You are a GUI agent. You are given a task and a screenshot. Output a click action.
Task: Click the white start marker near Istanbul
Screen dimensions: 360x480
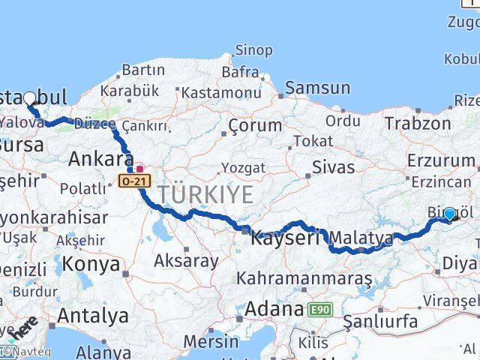click(x=29, y=97)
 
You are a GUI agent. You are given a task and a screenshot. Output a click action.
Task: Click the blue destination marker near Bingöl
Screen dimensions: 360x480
click(x=450, y=214)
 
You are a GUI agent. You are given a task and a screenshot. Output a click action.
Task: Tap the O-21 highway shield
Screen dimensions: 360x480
click(x=129, y=180)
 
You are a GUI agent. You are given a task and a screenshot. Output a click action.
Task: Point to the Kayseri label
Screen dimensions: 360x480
click(x=285, y=238)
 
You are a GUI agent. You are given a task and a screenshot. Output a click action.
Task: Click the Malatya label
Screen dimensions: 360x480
click(x=361, y=238)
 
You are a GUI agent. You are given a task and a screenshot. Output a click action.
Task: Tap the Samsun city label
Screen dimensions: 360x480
click(x=313, y=88)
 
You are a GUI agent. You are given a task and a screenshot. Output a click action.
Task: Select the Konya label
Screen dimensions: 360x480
click(x=91, y=264)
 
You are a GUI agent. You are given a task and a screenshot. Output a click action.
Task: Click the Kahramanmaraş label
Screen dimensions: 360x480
click(x=304, y=278)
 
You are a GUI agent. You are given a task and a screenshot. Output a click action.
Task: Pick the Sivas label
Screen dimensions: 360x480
click(x=331, y=166)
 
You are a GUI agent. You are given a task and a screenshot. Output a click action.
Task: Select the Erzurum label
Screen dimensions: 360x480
click(x=441, y=160)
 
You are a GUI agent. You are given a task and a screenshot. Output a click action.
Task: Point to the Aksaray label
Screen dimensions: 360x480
click(x=186, y=261)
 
